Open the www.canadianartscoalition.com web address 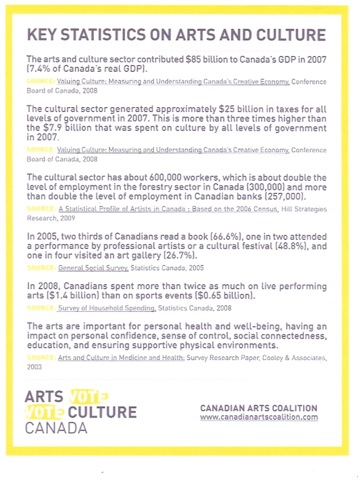[x=259, y=417]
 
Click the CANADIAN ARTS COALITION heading [x=259, y=408]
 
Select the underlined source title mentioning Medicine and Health [x=121, y=358]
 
